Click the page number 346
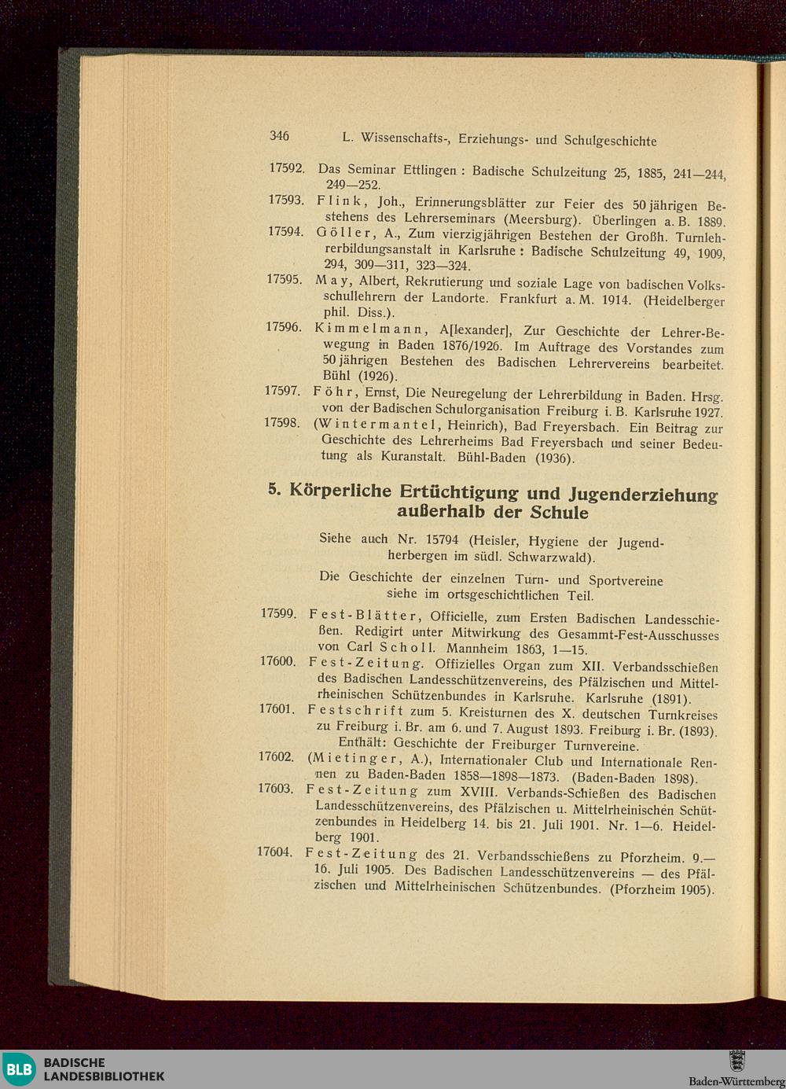click(279, 136)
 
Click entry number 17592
click(287, 168)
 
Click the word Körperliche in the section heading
click(340, 491)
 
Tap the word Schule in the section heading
click(560, 513)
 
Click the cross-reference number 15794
click(441, 540)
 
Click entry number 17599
click(278, 613)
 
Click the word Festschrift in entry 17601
click(356, 710)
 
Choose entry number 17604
click(274, 852)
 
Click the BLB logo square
click(18, 1069)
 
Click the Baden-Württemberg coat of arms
click(736, 1061)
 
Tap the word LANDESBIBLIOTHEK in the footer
click(104, 1076)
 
